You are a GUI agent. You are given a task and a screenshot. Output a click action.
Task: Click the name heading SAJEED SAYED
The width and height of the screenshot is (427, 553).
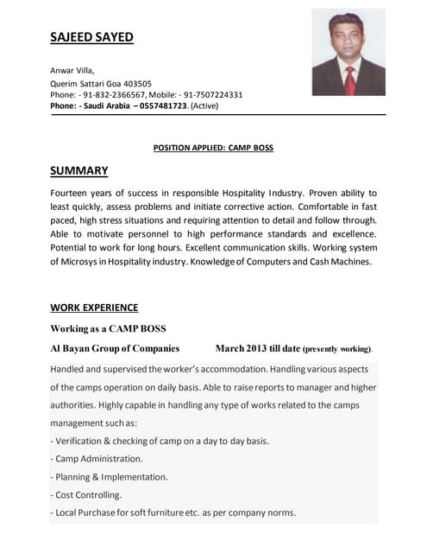tap(91, 37)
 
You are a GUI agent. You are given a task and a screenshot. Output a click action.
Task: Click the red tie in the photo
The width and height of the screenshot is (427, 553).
tap(349, 79)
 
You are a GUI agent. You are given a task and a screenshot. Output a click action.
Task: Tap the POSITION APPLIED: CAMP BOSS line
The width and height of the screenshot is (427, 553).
tap(213, 148)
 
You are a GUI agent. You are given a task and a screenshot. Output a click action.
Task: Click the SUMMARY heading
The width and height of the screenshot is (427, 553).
tap(78, 171)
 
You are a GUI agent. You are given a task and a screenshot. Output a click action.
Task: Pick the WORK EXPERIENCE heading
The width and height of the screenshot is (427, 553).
tap(94, 308)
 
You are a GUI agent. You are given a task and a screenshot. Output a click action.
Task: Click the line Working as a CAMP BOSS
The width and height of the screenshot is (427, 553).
tap(108, 328)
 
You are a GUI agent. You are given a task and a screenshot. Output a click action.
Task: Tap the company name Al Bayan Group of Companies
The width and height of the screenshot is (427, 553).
tap(115, 348)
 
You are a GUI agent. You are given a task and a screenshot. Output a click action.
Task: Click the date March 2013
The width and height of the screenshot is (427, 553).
tap(245, 348)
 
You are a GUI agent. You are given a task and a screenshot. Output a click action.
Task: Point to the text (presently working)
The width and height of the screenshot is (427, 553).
tap(337, 349)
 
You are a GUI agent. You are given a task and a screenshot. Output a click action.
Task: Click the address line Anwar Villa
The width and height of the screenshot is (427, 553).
tap(72, 71)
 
